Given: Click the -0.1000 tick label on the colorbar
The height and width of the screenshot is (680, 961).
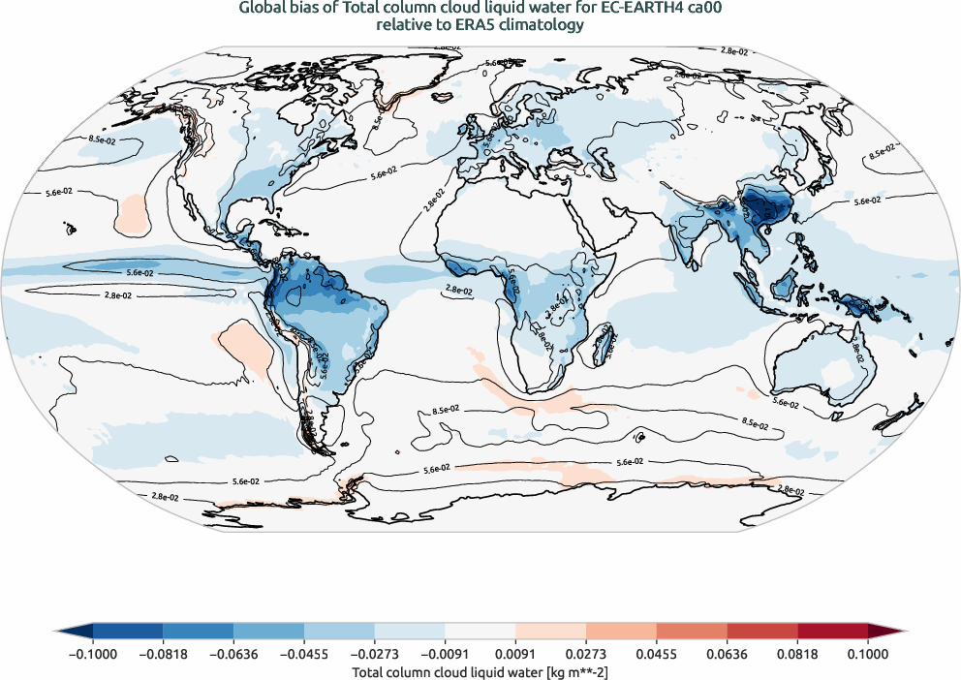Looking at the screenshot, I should (93, 654).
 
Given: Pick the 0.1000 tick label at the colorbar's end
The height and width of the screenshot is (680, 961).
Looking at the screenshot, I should (867, 654).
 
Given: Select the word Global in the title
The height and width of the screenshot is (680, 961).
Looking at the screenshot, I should (263, 9).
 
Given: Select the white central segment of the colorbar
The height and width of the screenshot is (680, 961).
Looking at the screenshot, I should (480, 630).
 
